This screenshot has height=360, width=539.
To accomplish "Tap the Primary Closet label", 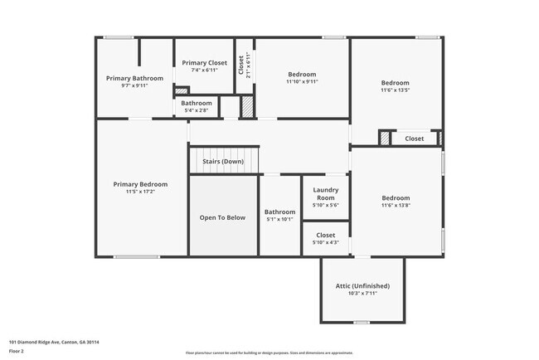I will pyautogui.click(x=205, y=62).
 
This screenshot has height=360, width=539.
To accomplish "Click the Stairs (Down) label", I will pyautogui.click(x=222, y=161).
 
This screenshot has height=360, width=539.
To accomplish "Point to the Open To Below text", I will pyautogui.click(x=222, y=217).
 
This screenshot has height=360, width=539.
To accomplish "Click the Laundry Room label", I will pyautogui.click(x=325, y=194).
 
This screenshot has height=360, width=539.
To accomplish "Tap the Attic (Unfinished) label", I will pyautogui.click(x=362, y=285).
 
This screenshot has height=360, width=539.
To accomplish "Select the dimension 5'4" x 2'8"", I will pyautogui.click(x=197, y=110).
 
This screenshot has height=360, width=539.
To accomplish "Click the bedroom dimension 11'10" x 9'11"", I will pyautogui.click(x=302, y=81).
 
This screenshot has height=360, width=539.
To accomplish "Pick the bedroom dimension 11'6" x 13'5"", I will pyautogui.click(x=396, y=90).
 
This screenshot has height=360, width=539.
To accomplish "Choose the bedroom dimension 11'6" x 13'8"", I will pyautogui.click(x=396, y=206).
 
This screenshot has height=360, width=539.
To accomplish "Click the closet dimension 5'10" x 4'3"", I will pyautogui.click(x=325, y=242).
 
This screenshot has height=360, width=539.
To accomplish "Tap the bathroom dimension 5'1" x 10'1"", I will pyautogui.click(x=280, y=220).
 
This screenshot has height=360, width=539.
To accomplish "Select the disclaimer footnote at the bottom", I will pyautogui.click(x=269, y=353).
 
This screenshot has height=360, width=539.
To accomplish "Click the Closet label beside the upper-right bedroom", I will pyautogui.click(x=415, y=139).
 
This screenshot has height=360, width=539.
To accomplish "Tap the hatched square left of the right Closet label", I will pyautogui.click(x=385, y=139).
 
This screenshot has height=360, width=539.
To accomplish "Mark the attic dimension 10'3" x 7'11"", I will pyautogui.click(x=362, y=293).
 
